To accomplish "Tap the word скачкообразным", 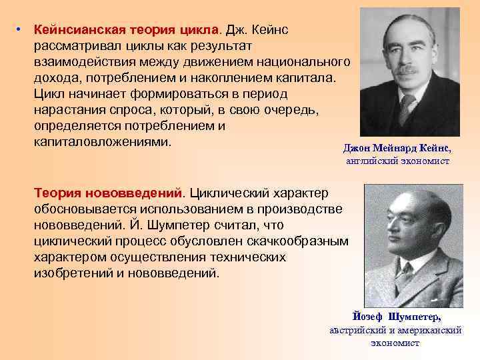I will [297, 241].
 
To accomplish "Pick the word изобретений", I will [70, 273].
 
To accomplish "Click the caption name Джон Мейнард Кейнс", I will [397, 148].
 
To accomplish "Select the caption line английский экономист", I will [398, 161].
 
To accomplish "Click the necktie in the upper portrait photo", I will [407, 107].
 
